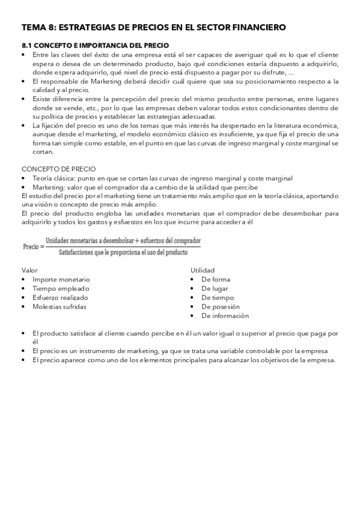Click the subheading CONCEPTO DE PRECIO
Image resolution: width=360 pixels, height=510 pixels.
[x=58, y=169]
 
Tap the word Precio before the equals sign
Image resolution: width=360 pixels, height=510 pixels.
[x=31, y=247]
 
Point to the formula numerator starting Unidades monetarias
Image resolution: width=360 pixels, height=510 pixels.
[x=123, y=240]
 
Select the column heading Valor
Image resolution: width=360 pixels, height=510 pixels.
[x=29, y=271]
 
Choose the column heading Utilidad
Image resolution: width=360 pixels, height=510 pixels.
[x=203, y=271]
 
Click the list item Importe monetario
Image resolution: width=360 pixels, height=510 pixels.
[x=61, y=280]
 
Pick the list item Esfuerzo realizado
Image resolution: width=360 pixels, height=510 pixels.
[x=60, y=298]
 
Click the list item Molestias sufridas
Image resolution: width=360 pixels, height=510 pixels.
[x=59, y=307]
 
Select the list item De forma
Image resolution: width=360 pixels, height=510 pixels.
[x=216, y=280]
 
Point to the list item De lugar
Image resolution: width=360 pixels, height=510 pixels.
[x=215, y=289]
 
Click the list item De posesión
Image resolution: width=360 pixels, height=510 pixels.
[x=221, y=307]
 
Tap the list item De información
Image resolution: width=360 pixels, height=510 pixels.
[x=225, y=316]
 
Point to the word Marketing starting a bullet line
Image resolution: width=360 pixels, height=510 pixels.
[x=48, y=187]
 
